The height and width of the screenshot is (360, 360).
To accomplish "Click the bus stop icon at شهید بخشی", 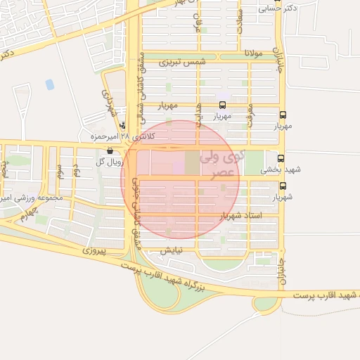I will click(281, 159).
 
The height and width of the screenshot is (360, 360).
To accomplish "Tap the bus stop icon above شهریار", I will click(283, 186).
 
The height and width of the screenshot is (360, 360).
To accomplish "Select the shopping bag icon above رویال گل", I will click(110, 150).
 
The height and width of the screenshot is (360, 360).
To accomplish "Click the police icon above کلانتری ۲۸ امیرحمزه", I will click(124, 125).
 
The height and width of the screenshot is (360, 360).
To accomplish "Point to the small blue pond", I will click(49, 84).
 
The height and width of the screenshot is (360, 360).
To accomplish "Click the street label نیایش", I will click(171, 250).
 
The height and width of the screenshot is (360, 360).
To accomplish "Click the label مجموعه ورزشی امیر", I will click(33, 197).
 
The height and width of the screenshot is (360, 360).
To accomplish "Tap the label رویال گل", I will click(110, 162).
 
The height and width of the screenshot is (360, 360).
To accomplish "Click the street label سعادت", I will click(240, 21).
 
